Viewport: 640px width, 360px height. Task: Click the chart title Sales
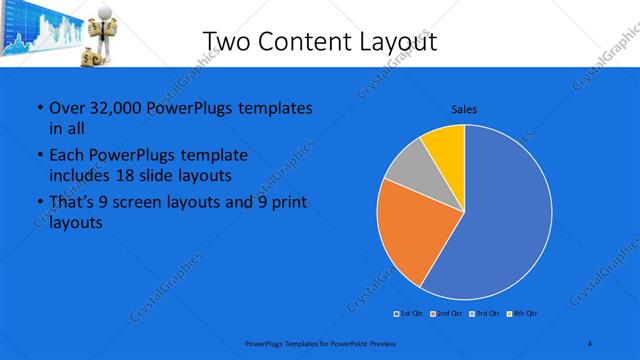464,108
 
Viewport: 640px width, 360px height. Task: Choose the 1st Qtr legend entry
409,314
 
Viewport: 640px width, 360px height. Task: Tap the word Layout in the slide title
394,41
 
